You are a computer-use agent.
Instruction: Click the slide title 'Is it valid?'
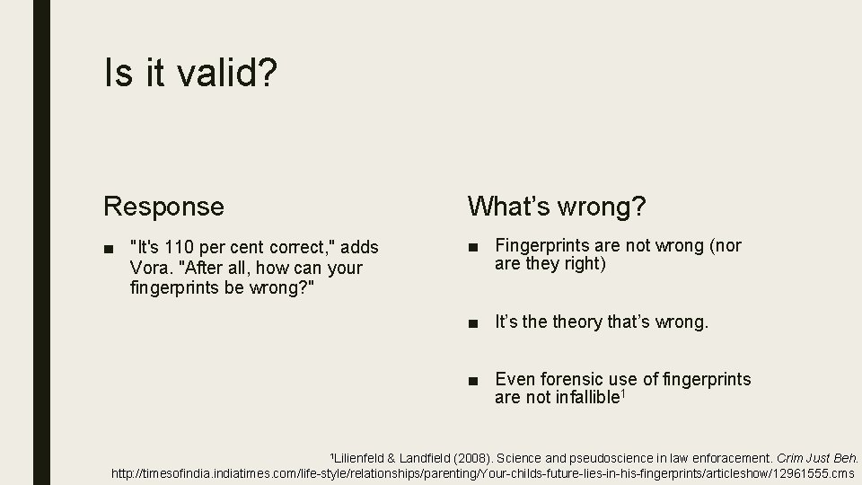pyautogui.click(x=190, y=74)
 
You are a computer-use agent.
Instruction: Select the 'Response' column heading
pyautogui.click(x=164, y=207)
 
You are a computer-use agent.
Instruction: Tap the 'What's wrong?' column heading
pyautogui.click(x=556, y=207)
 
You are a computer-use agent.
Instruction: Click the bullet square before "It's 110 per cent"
pyautogui.click(x=109, y=247)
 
